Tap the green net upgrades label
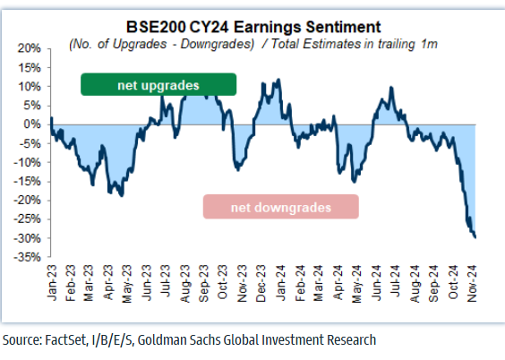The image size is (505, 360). point(158,85)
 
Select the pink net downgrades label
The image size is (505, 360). point(281,207)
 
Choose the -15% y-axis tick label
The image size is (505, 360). point(31,182)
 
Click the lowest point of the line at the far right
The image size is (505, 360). point(475,237)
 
